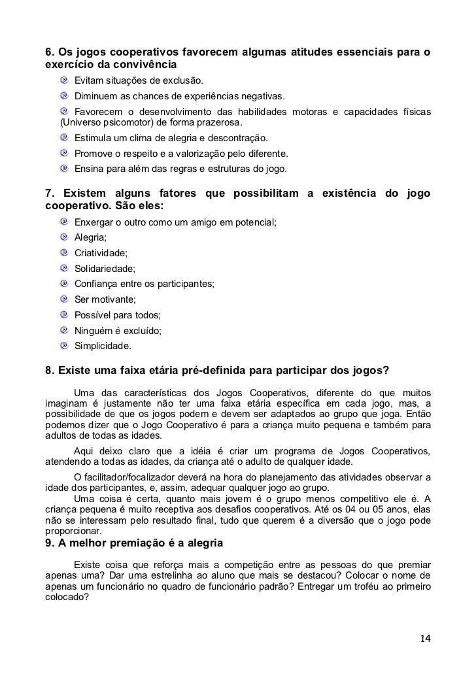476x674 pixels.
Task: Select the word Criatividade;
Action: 101,253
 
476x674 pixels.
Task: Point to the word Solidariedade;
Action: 105,269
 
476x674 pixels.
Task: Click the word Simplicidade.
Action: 103,346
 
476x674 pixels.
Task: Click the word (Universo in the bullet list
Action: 82,122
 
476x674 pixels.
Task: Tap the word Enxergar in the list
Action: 95,222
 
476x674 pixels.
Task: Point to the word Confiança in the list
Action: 96,284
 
